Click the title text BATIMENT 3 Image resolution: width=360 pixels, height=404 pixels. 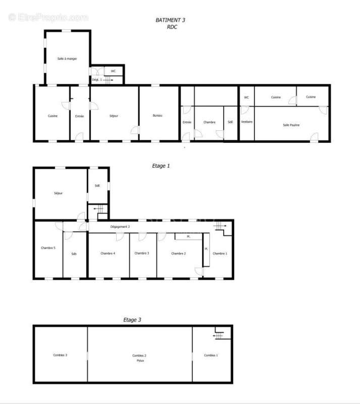coord(170,20)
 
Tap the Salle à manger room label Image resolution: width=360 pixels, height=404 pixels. coord(67,59)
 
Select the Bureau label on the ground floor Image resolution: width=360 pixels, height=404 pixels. coord(158,116)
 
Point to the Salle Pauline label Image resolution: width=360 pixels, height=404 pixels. coord(291,125)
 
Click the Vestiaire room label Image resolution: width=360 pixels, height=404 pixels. coord(247,122)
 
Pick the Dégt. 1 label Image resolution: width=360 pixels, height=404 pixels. coord(96,80)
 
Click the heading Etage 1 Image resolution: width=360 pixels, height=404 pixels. coord(161,165)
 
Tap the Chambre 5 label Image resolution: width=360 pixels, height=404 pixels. coord(48,247)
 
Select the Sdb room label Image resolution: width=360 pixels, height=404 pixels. coord(74,254)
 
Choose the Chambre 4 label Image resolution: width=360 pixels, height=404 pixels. coord(108,253)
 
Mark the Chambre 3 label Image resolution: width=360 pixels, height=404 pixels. coord(141,253)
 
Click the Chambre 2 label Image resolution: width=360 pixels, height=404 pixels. coord(179,253)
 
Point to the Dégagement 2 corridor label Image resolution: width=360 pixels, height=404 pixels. coord(120,227)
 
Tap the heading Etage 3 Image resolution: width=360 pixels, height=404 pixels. coord(132,320)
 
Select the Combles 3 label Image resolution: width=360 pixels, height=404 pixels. coord(60,355)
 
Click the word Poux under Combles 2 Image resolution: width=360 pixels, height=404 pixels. coord(139,361)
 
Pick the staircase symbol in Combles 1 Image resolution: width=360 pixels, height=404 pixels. coord(219,335)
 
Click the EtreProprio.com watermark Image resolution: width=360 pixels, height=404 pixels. coord(48,17)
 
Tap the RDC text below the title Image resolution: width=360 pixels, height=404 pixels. coord(172,27)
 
